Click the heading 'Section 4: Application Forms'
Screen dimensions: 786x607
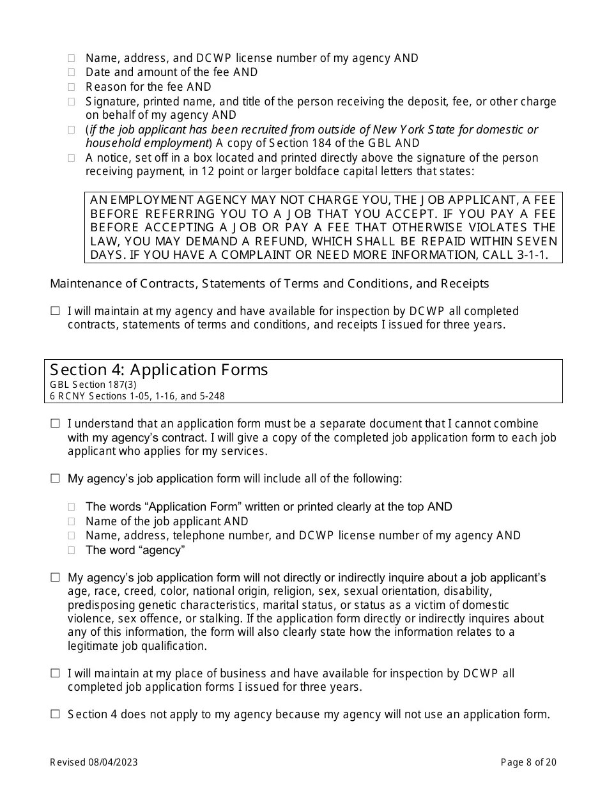[159, 370]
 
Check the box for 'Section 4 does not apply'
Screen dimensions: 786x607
[56, 714]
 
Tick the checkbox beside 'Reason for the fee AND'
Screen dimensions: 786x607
[72, 87]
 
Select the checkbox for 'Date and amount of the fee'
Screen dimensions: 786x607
[72, 73]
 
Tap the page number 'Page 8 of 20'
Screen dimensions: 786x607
[528, 762]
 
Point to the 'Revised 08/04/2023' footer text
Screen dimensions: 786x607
[94, 762]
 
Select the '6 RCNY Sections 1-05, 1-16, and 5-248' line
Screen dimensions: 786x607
[137, 396]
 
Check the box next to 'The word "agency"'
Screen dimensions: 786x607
[72, 550]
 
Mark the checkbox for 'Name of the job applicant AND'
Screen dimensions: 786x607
[72, 522]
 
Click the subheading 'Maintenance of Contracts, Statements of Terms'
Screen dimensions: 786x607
[269, 284]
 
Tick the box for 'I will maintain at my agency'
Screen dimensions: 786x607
[56, 311]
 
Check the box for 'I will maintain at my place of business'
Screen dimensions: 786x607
[56, 674]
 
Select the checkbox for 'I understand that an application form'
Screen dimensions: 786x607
[56, 424]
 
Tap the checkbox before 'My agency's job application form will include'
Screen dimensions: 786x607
[56, 479]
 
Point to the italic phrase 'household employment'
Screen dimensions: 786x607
[148, 143]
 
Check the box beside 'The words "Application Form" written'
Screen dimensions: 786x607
[72, 507]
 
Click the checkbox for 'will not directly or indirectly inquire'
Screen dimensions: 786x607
[56, 578]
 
